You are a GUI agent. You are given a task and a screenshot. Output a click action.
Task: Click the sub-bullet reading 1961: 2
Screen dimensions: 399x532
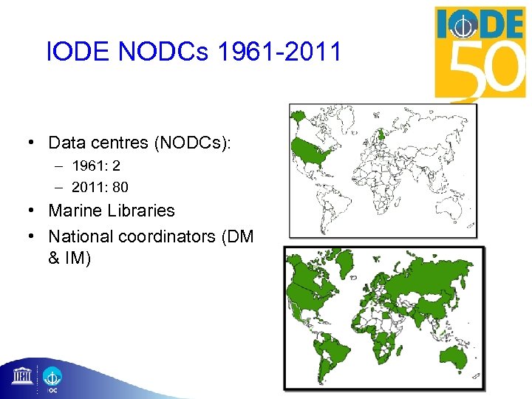[96, 167]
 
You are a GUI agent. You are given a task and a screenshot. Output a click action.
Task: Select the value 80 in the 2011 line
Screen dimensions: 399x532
[120, 187]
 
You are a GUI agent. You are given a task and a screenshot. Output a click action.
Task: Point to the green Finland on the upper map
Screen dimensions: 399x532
[381, 134]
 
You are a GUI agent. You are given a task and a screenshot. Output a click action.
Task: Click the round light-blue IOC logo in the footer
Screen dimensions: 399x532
[52, 376]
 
